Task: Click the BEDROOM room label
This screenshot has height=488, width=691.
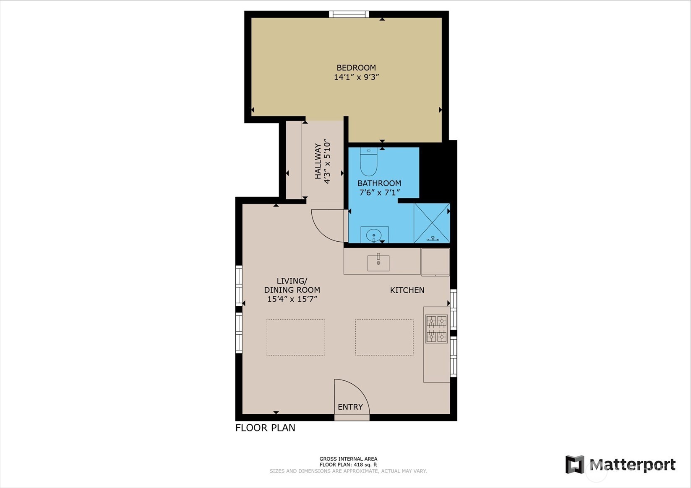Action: pyautogui.click(x=356, y=68)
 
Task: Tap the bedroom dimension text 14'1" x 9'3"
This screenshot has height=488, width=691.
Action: pyautogui.click(x=356, y=77)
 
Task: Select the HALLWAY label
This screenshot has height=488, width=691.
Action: pyautogui.click(x=318, y=161)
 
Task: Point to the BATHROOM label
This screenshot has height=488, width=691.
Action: pyautogui.click(x=379, y=183)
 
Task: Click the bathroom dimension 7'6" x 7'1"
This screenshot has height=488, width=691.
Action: pyautogui.click(x=380, y=193)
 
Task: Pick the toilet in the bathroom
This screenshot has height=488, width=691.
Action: pyautogui.click(x=369, y=161)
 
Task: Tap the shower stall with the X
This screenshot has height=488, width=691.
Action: pyautogui.click(x=432, y=223)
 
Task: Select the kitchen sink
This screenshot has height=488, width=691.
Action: pyautogui.click(x=378, y=263)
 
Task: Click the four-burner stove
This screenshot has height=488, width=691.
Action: pyautogui.click(x=436, y=329)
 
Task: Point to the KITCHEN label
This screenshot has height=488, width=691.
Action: pyautogui.click(x=407, y=290)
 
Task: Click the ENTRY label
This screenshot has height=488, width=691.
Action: pyautogui.click(x=350, y=407)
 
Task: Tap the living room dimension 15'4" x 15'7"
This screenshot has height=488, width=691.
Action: pyautogui.click(x=292, y=299)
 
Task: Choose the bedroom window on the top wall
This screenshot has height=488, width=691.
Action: pyautogui.click(x=349, y=14)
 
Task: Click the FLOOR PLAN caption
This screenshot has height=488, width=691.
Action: pyautogui.click(x=265, y=428)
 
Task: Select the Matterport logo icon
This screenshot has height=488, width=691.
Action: pyautogui.click(x=575, y=464)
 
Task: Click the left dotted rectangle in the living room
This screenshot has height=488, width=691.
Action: pyautogui.click(x=295, y=337)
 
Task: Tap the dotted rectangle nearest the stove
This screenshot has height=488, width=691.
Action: pyautogui.click(x=384, y=337)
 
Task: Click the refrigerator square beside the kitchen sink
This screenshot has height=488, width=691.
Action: pyautogui.click(x=435, y=262)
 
